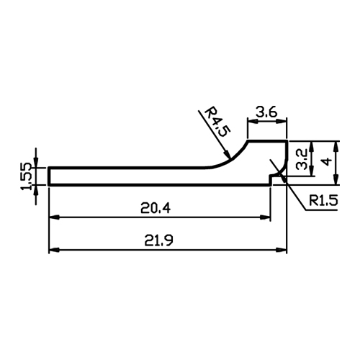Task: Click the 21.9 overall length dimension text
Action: [x=158, y=240]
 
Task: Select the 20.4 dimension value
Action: [x=156, y=208]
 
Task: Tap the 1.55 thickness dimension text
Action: [x=27, y=176]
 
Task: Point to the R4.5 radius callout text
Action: [x=217, y=122]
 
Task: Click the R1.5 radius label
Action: [x=323, y=200]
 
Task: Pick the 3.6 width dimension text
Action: [x=266, y=112]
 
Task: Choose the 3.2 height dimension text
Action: [x=302, y=159]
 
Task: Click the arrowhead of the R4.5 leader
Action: [x=227, y=154]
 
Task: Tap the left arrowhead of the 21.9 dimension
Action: [x=54, y=250]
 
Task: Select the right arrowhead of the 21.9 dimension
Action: [x=282, y=250]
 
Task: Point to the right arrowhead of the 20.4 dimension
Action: [x=266, y=217]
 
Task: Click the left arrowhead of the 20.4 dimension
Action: [x=54, y=217]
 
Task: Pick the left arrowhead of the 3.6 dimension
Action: [x=253, y=122]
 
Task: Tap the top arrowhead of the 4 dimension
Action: [x=336, y=146]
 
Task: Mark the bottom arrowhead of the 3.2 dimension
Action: [x=312, y=171]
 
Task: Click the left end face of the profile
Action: [x=49, y=176]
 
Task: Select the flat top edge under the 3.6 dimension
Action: [x=268, y=141]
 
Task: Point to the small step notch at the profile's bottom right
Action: [x=270, y=179]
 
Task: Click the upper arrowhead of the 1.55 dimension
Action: [x=36, y=162]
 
